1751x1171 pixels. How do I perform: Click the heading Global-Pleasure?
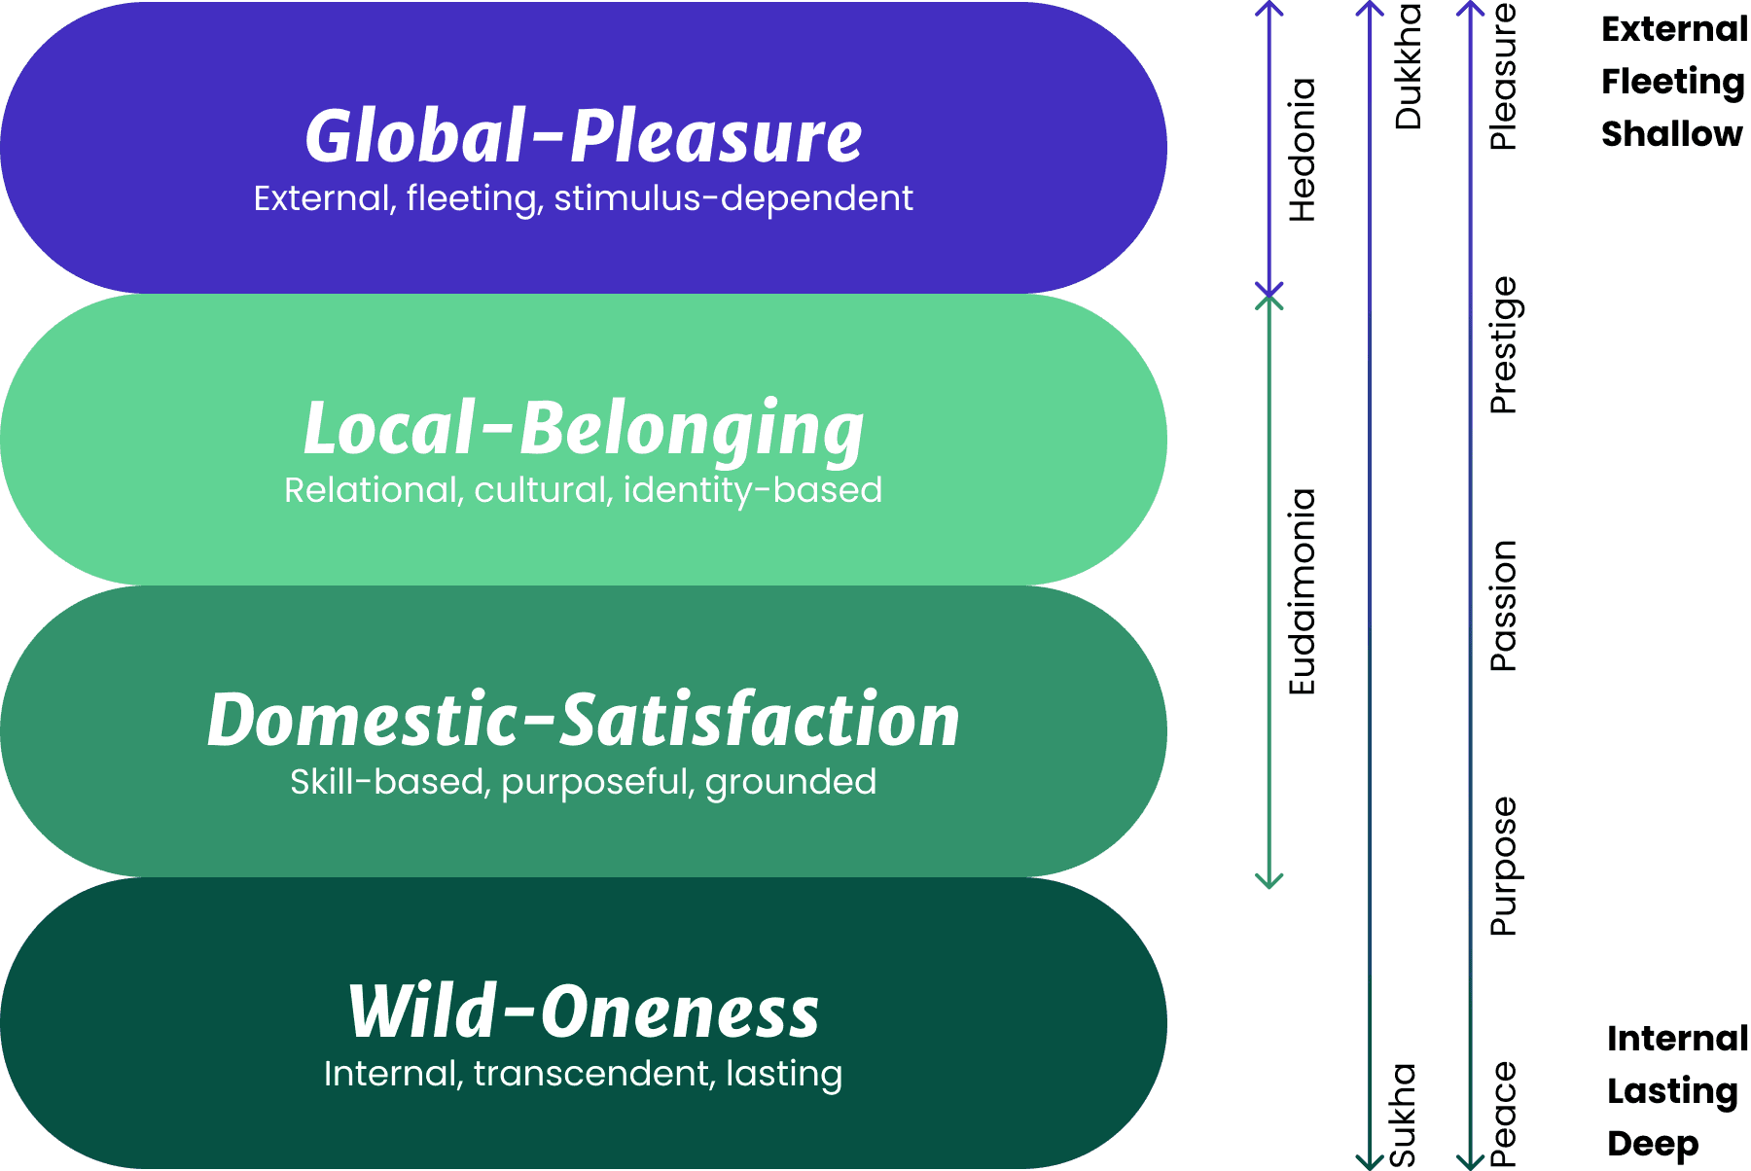(x=584, y=135)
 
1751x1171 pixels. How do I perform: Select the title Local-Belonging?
(x=584, y=428)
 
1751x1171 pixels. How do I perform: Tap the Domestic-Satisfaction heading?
(x=584, y=720)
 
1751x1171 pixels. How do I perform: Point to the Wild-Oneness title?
(x=584, y=1011)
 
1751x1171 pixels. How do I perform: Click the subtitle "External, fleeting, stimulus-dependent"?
(x=584, y=198)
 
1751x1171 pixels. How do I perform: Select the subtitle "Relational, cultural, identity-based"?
(x=584, y=490)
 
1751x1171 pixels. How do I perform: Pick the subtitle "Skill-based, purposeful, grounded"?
(x=584, y=782)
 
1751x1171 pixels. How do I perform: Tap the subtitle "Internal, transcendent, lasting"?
(x=584, y=1074)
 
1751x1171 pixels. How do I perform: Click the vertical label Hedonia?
(x=1302, y=150)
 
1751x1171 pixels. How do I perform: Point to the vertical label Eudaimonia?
(x=1302, y=591)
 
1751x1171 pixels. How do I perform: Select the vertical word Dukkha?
(x=1408, y=66)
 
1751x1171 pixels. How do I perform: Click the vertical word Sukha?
(x=1402, y=1115)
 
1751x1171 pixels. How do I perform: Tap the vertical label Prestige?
(x=1503, y=345)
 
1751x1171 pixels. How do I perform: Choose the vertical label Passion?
(x=1503, y=605)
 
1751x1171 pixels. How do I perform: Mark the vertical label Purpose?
(x=1503, y=866)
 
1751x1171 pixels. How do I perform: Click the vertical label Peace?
(x=1503, y=1115)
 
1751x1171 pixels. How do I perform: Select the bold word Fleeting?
(x=1673, y=82)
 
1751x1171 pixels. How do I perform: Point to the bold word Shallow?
(x=1671, y=133)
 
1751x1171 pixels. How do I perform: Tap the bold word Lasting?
(x=1672, y=1091)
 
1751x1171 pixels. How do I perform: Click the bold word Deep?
(x=1653, y=1144)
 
